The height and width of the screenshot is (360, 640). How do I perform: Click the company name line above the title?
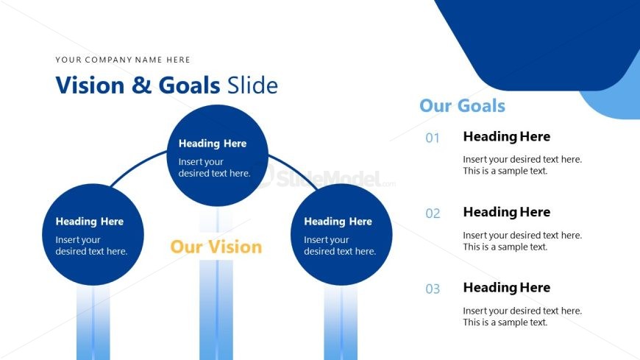click(123, 60)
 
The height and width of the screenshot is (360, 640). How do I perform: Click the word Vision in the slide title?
click(90, 85)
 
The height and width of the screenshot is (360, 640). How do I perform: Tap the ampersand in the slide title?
click(142, 85)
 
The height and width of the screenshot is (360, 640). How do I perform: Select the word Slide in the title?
click(252, 85)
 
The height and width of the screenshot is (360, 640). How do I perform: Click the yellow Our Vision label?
click(216, 247)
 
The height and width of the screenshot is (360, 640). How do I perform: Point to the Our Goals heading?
click(463, 106)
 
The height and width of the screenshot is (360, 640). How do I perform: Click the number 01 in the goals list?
click(433, 138)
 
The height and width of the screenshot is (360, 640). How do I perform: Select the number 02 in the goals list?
click(433, 213)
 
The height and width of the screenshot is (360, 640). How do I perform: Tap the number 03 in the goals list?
click(433, 289)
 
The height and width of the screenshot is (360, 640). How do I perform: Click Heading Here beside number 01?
click(507, 136)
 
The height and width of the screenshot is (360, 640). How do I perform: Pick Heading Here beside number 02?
click(507, 212)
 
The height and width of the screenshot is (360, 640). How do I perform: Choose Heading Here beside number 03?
click(507, 288)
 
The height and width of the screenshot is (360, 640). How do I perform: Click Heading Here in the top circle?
click(213, 144)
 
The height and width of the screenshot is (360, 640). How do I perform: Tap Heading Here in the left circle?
click(90, 222)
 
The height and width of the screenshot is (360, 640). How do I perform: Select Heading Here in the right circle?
click(338, 222)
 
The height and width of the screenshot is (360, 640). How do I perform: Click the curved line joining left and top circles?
click(136, 166)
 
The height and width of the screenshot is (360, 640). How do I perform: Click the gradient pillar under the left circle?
click(93, 322)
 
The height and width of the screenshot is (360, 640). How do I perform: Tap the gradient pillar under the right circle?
click(341, 322)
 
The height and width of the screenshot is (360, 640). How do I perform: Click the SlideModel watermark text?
click(330, 179)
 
